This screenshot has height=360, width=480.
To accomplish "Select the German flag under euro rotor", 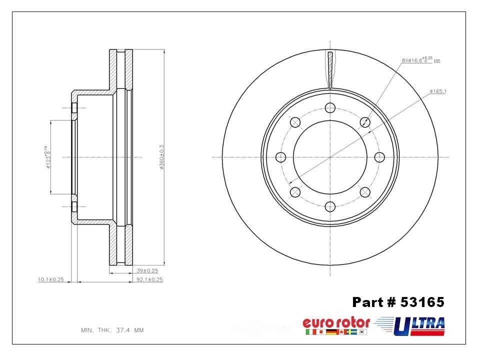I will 331,332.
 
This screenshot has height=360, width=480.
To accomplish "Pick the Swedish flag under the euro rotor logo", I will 353,332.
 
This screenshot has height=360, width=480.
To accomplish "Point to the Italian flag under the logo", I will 309,332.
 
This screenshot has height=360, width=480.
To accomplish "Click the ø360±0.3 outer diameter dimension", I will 161,157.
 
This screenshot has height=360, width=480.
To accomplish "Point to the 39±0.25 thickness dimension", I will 149,270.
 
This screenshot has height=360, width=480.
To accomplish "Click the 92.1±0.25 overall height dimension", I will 149,279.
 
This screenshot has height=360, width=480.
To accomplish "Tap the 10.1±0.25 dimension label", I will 50,279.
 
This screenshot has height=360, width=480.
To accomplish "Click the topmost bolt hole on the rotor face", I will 330,107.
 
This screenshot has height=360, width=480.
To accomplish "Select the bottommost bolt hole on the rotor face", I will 330,206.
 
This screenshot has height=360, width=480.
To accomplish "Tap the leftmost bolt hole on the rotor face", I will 280,157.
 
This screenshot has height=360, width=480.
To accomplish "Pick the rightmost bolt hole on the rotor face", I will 379,157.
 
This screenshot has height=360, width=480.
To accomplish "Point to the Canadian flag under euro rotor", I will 342,332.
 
